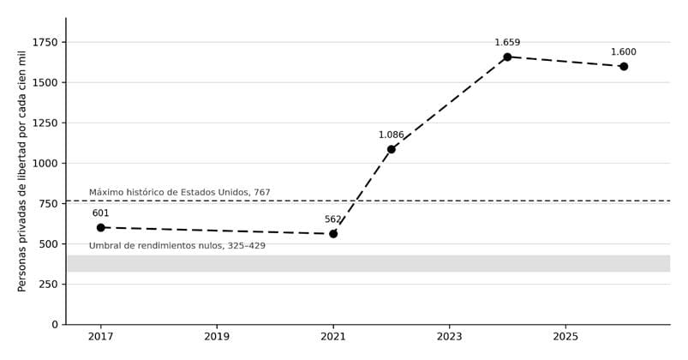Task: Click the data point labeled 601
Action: coord(100,227)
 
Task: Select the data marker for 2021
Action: coord(333,234)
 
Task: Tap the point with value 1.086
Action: coord(391,149)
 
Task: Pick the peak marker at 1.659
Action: coord(507,57)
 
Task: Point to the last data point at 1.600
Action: coord(624,66)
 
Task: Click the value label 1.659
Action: coord(507,43)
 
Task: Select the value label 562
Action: coord(333,219)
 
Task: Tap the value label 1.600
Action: coord(624,51)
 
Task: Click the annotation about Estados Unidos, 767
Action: coord(179,192)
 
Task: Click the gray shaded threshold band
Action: coord(368,263)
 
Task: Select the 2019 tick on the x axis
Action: coord(217,337)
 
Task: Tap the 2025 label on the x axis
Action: coord(565,337)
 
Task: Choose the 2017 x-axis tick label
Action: coord(100,337)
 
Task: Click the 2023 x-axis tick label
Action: coord(449,337)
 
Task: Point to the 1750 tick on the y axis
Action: coord(45,42)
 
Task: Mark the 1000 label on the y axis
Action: coord(45,164)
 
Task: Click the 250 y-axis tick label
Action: coord(48,284)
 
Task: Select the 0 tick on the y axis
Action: coord(55,325)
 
